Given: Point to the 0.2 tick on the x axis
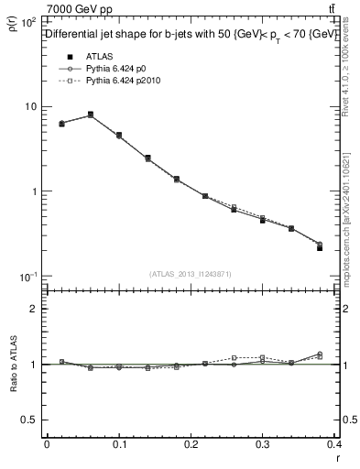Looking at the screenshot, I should point(191,444).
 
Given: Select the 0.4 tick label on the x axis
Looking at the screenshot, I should point(336,444).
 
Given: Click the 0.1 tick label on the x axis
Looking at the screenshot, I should point(119,444).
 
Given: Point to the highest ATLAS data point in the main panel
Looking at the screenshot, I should point(90,115).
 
